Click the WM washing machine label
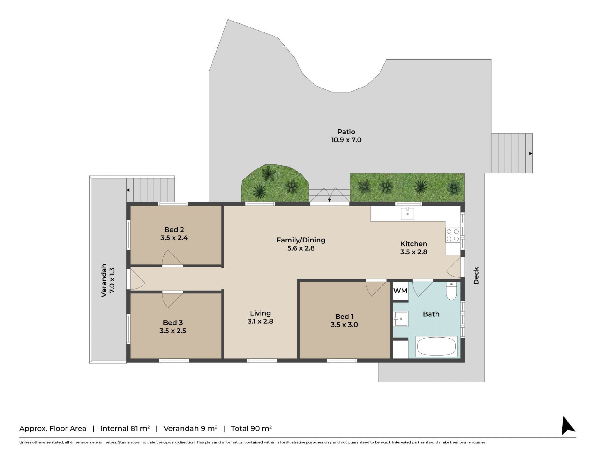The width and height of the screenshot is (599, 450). (400, 291)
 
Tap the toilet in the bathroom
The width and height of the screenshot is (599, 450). (451, 291)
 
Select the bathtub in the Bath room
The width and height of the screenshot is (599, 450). (437, 346)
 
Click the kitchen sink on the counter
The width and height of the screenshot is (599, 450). (407, 214)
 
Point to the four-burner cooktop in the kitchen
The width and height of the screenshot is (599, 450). (453, 235)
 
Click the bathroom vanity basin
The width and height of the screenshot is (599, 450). (401, 319)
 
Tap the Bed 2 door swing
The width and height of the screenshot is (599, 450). (172, 258)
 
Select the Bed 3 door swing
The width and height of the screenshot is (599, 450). (172, 300)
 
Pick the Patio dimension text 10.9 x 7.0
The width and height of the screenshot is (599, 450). (346, 140)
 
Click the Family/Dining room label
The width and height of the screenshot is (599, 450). (301, 240)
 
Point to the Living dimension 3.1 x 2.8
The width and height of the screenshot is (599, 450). (260, 321)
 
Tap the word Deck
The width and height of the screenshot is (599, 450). (476, 276)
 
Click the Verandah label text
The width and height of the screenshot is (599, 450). (104, 280)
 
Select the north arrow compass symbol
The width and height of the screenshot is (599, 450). (568, 426)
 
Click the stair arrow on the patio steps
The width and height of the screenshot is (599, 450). (530, 153)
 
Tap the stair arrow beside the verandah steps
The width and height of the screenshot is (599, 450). (128, 190)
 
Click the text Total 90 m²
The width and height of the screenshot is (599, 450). (251, 428)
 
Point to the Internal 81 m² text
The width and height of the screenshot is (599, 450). (125, 428)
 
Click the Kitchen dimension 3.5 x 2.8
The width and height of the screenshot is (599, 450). (414, 252)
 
